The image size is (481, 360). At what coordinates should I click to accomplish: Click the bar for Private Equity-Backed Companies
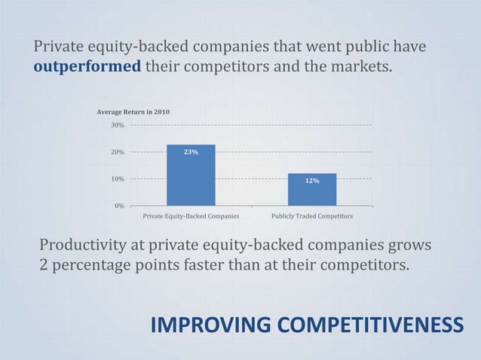[191, 175]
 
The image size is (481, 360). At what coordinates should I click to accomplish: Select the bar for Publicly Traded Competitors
[312, 189]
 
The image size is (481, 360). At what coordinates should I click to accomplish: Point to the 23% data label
[191, 152]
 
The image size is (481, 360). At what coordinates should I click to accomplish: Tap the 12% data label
[312, 181]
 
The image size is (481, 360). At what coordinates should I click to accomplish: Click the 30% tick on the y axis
[118, 125]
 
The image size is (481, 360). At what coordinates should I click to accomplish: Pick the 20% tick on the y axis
[118, 152]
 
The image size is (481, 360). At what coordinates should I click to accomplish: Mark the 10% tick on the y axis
[118, 179]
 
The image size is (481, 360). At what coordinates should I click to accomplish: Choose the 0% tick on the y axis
[119, 206]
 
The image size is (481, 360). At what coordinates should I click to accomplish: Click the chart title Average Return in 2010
[133, 112]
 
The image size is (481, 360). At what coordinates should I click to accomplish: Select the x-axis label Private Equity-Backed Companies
[191, 216]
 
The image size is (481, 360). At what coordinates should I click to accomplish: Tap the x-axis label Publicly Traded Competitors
[312, 216]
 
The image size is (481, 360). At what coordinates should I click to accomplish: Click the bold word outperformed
[87, 66]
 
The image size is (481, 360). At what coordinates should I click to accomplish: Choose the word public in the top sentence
[366, 47]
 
